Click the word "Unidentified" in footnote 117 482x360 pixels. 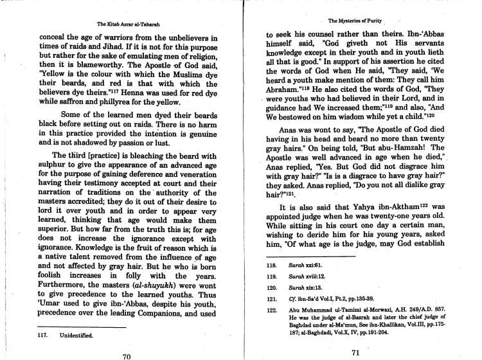point(78,336)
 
